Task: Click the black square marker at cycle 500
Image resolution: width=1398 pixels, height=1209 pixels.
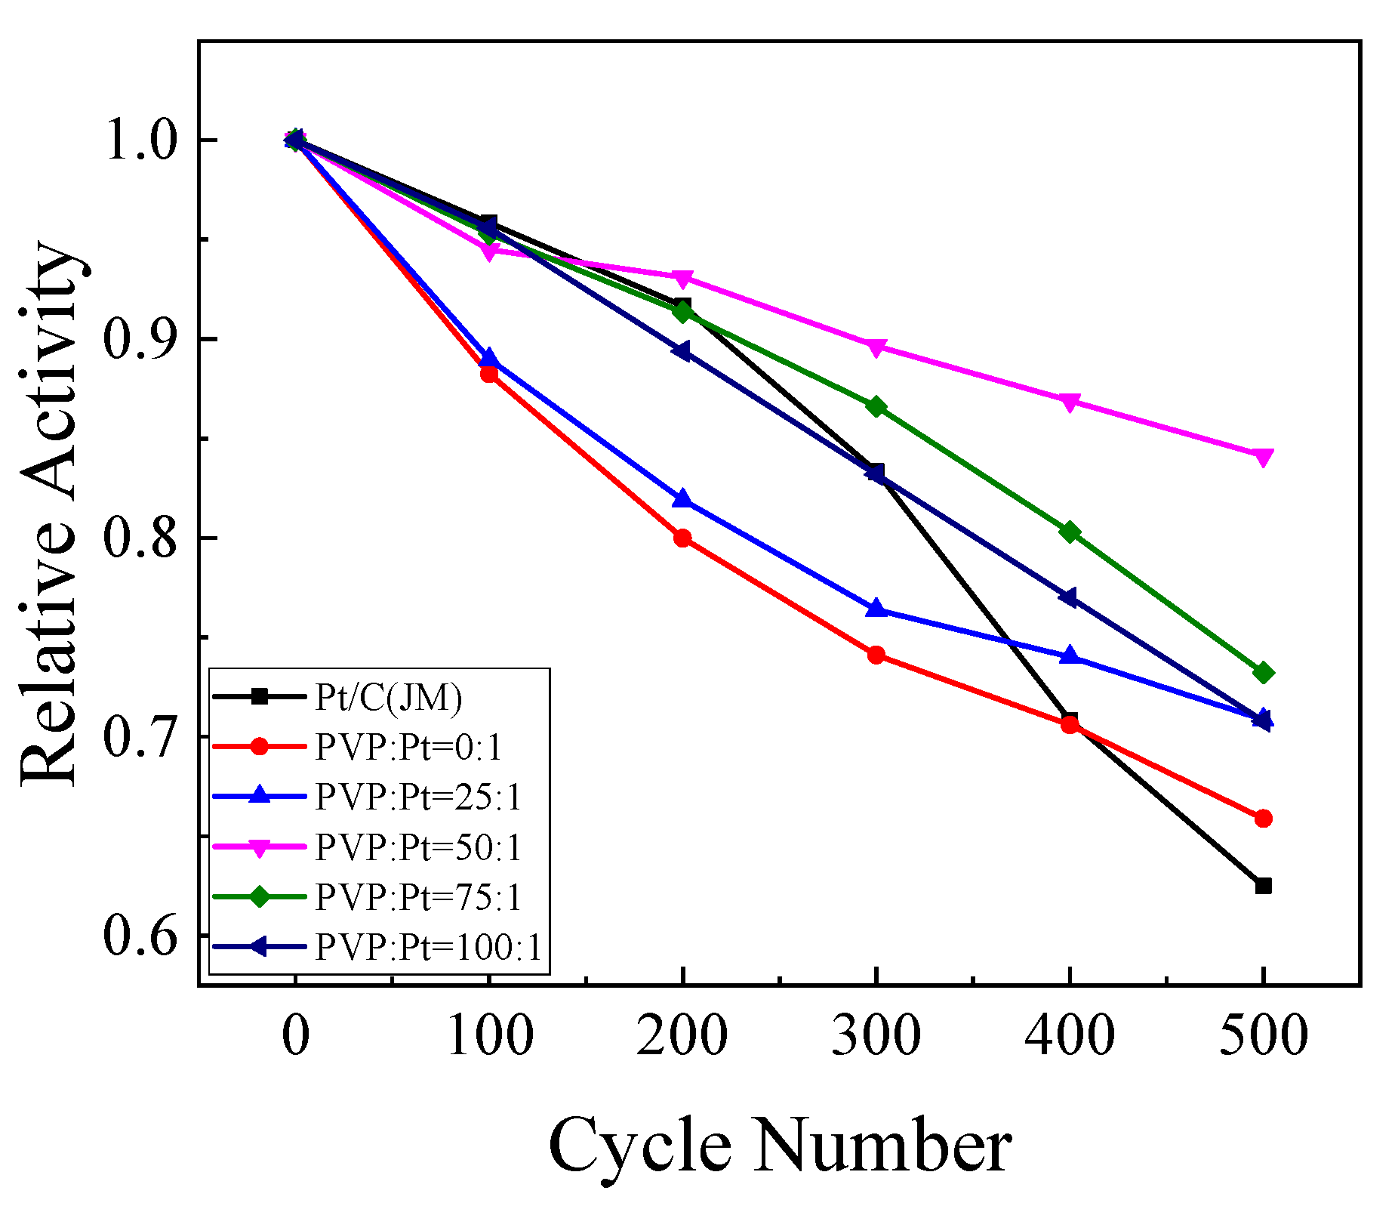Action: click(x=1263, y=886)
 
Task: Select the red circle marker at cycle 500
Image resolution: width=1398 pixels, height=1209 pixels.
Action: click(x=1263, y=819)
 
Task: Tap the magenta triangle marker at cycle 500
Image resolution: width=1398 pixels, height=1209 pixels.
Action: click(x=1263, y=457)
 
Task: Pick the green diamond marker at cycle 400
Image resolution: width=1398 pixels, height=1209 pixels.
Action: click(x=1069, y=532)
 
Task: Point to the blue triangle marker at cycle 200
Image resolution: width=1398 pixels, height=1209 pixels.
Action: click(x=682, y=498)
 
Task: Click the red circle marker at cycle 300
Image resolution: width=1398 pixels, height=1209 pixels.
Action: click(x=876, y=655)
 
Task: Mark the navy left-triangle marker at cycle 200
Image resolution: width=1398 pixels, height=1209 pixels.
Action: click(x=682, y=351)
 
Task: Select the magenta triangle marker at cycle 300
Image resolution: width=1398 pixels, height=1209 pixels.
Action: click(x=876, y=348)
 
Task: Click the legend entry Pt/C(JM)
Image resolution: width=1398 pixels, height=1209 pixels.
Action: click(x=388, y=698)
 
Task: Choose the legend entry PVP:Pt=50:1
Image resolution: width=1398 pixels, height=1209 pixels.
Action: click(x=418, y=847)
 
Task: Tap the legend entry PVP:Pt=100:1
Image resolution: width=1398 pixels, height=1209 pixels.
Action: click(x=428, y=947)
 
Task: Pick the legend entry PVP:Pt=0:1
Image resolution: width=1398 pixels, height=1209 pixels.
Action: click(x=408, y=748)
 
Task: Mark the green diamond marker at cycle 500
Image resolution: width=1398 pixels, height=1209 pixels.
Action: click(x=1263, y=672)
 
